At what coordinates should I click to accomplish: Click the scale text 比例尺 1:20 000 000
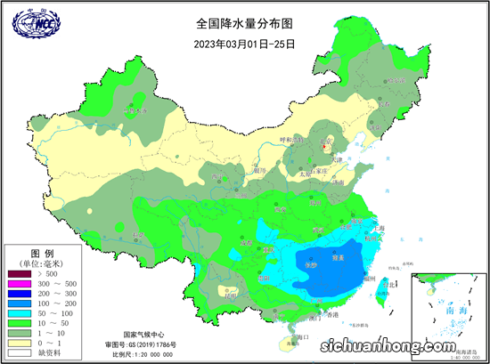pos(142,354)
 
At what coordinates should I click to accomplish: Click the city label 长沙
pos(311,264)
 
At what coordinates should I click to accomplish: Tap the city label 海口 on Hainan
pos(301,336)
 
